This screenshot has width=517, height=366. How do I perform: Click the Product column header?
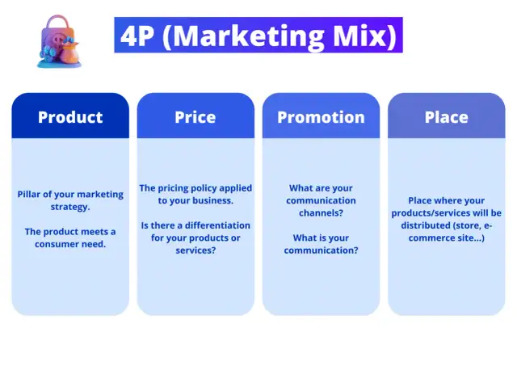[x=70, y=117]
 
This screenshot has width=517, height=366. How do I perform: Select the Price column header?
[x=195, y=117]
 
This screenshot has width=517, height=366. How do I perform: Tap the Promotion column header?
[x=321, y=117]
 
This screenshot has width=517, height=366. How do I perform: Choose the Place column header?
[x=446, y=117]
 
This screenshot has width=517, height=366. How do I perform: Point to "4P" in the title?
[x=137, y=36]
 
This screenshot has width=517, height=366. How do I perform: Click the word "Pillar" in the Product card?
[x=32, y=194]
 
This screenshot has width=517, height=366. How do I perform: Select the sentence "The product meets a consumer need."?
[x=70, y=238]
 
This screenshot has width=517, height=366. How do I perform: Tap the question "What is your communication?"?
[x=321, y=244]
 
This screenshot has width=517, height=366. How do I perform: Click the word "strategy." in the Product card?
[x=69, y=207]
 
